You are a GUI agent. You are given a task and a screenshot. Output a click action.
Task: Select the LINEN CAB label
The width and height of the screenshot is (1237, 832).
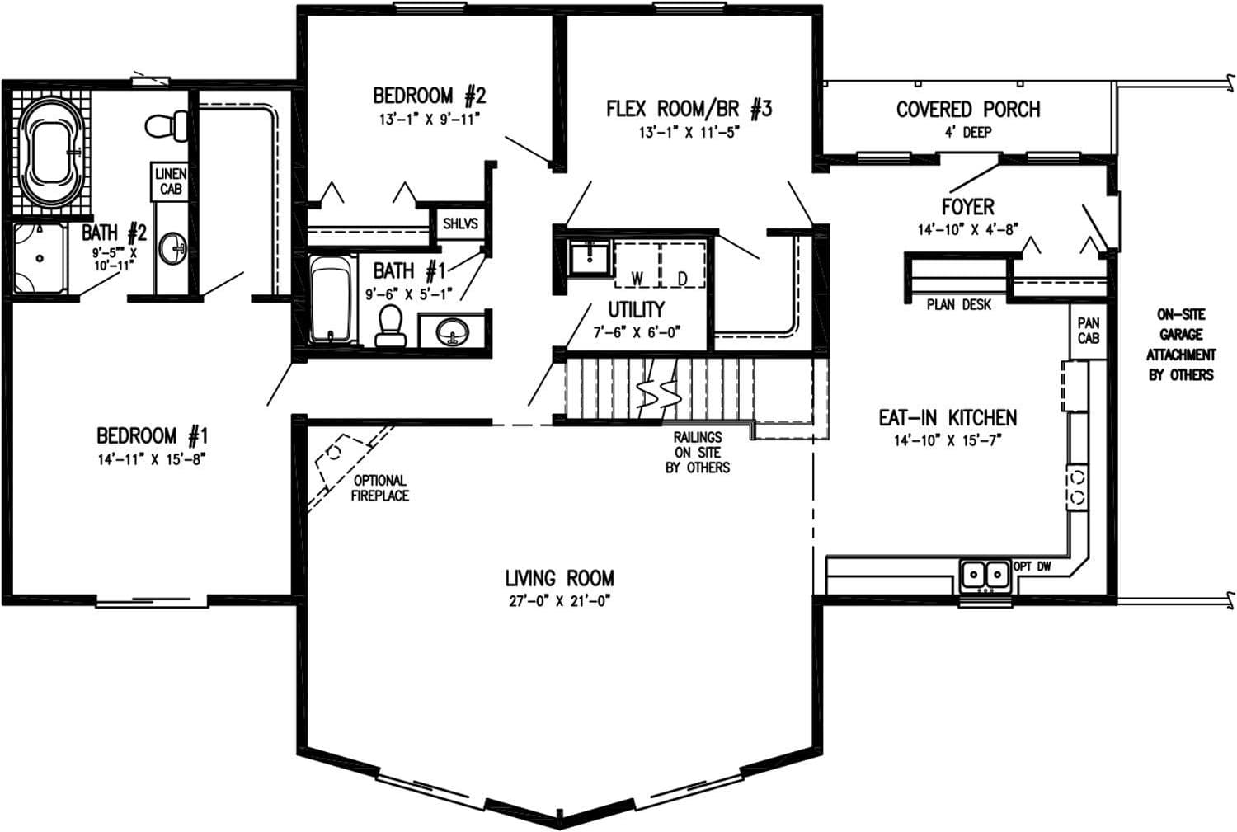(x=171, y=181)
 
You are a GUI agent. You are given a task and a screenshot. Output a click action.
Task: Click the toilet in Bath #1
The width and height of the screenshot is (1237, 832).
(x=388, y=325)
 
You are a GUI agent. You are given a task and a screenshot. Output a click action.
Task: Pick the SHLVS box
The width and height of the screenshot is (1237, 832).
(x=459, y=223)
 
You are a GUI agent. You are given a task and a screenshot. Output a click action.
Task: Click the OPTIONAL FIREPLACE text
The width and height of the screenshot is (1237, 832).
(x=379, y=487)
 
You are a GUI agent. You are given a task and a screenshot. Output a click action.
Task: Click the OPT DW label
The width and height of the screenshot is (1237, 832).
(x=1032, y=566)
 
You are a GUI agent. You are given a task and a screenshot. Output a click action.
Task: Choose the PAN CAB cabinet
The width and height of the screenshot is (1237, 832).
(x=1088, y=331)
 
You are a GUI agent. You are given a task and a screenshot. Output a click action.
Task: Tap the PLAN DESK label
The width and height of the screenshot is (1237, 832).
(x=958, y=305)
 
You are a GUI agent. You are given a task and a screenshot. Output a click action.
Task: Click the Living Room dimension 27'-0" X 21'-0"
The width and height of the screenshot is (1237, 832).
(x=560, y=601)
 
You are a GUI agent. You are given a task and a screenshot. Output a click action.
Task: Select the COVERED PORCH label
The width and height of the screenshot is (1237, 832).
(x=967, y=109)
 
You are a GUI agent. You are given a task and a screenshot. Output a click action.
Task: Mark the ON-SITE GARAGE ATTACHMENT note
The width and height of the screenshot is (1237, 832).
(x=1180, y=345)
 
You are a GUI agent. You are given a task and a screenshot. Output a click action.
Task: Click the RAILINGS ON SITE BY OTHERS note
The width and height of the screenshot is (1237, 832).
(x=698, y=452)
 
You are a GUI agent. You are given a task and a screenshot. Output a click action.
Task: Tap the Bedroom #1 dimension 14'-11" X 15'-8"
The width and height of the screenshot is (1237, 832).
(x=151, y=459)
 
